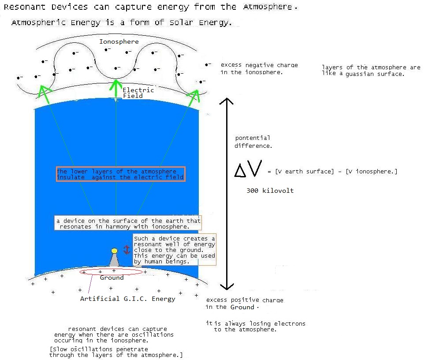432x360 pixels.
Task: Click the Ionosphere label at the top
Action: click(119, 42)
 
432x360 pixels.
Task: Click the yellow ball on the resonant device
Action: click(115, 251)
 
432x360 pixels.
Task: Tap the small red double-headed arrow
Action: click(127, 250)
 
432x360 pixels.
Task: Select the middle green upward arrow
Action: click(116, 88)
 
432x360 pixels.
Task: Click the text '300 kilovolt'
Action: click(270, 191)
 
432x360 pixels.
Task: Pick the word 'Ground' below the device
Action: click(112, 277)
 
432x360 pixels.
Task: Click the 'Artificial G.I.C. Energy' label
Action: click(127, 299)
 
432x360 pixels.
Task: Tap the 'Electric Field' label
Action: click(138, 93)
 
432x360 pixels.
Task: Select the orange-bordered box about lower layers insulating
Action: click(120, 174)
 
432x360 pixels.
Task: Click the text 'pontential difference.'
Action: click(253, 142)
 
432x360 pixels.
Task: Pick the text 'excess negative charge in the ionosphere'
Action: click(259, 68)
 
